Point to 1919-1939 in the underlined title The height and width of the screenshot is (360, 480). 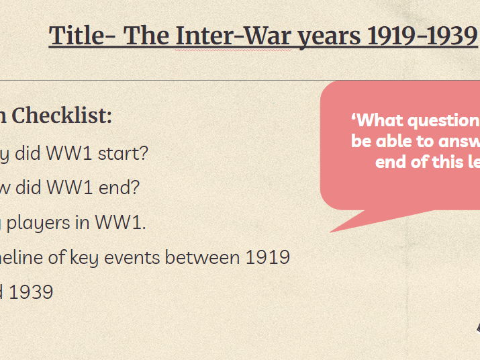422,36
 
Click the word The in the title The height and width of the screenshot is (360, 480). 146,36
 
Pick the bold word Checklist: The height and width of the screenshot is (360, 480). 62,116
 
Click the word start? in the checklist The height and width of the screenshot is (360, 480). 123,153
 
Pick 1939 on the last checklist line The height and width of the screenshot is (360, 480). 31,292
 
